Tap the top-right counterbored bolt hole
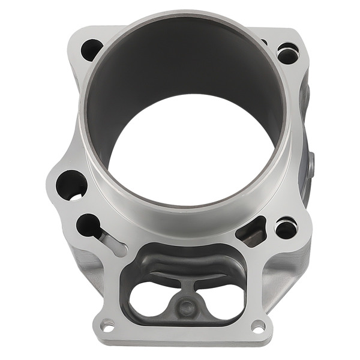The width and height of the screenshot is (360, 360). (287, 53)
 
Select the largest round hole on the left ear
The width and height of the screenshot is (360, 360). (71, 184)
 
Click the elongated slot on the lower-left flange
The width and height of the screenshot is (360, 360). (114, 243)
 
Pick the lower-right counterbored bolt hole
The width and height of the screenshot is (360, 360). (286, 228)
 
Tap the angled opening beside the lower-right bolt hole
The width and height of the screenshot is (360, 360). (252, 231)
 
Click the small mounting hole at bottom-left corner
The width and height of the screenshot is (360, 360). (107, 326)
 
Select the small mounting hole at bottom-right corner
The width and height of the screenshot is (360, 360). (258, 326)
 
